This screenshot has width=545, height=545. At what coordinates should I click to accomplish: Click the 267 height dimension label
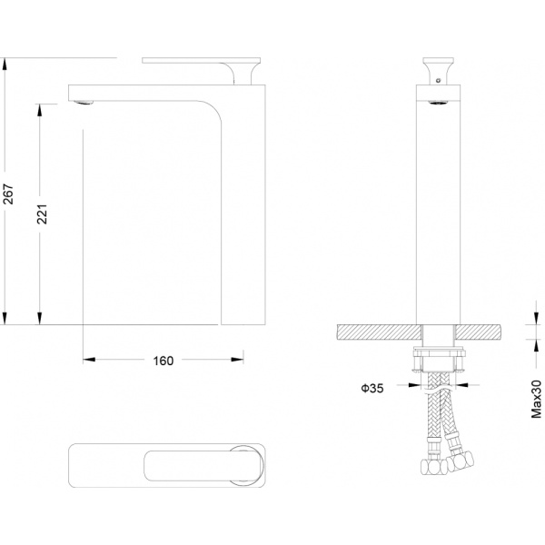click(7, 194)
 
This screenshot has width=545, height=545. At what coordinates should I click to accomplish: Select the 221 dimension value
click(42, 214)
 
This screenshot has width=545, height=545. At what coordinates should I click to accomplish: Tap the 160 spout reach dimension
click(163, 361)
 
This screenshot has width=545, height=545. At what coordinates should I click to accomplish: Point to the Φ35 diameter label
click(372, 388)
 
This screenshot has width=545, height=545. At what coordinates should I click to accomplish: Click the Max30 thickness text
click(536, 399)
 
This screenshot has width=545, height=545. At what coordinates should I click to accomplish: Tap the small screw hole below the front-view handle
click(439, 81)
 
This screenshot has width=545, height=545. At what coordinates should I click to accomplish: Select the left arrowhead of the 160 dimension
click(89, 360)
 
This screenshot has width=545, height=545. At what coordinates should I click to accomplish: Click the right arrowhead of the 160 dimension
click(237, 360)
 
